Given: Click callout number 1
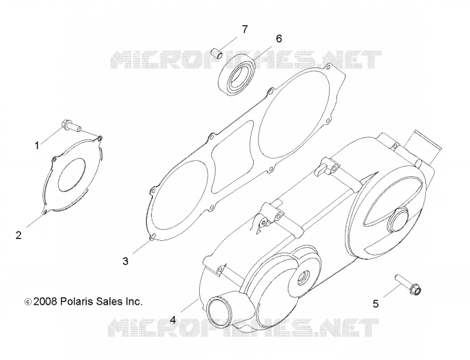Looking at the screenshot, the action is [x=37, y=146].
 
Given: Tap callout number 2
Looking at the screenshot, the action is [x=19, y=235].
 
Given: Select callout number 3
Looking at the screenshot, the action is [x=125, y=261].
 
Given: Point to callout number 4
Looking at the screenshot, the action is [x=173, y=320].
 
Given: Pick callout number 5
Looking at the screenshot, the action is [x=375, y=304].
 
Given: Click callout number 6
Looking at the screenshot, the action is [x=278, y=38].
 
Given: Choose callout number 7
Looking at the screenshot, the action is [x=245, y=29].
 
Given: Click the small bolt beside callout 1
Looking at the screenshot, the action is [x=71, y=126].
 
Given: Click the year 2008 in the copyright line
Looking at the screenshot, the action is [x=45, y=301].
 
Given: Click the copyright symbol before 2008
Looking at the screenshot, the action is [x=28, y=302].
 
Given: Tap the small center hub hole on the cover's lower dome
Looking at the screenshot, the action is [x=303, y=277].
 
